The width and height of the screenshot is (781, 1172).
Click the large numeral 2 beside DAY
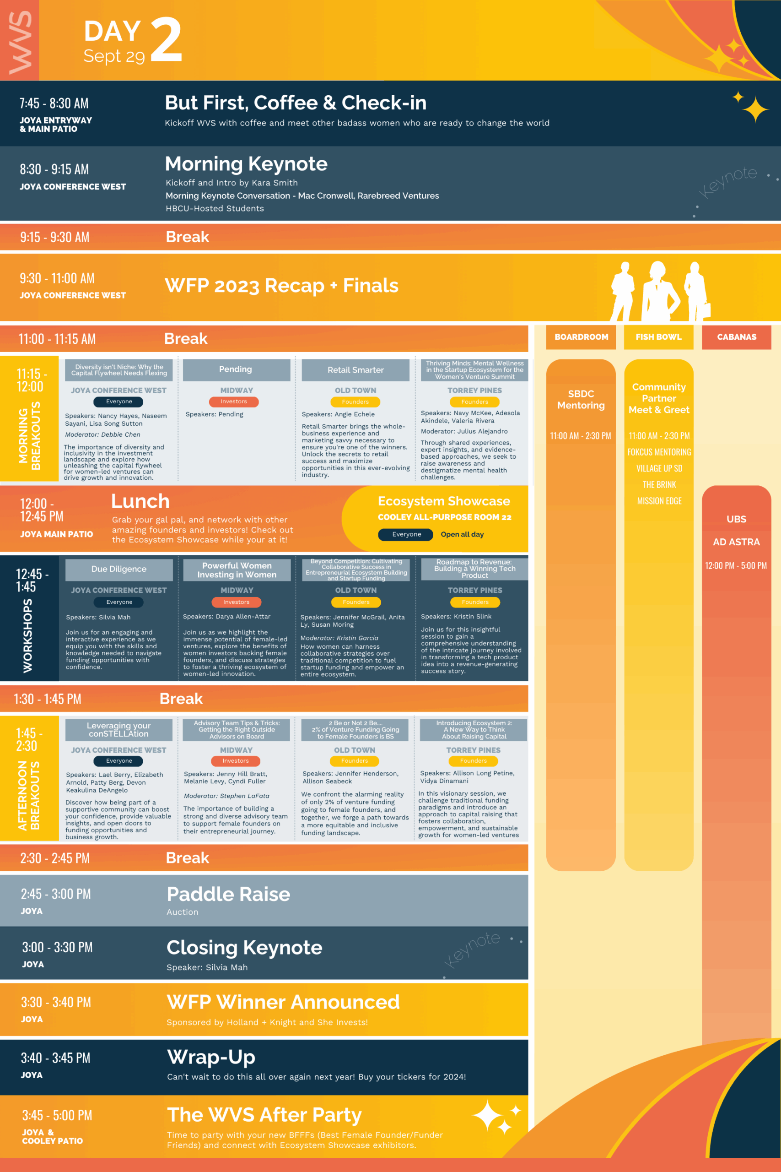click(x=166, y=39)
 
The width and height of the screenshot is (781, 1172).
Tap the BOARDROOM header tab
click(x=581, y=337)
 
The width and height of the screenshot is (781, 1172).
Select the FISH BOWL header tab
click(x=658, y=337)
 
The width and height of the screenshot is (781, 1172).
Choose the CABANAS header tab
click(x=736, y=337)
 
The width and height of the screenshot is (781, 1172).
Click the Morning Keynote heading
click(x=246, y=164)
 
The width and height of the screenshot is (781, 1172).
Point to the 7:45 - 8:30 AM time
click(x=54, y=103)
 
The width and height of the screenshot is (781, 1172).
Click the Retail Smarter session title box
click(x=355, y=370)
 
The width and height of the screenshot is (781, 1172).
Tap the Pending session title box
click(x=236, y=370)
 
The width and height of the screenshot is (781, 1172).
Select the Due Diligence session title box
click(x=118, y=570)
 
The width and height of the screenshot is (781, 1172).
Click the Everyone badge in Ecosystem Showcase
click(x=406, y=534)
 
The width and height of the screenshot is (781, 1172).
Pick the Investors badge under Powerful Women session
click(x=236, y=602)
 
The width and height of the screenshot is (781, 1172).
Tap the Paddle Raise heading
click(x=228, y=895)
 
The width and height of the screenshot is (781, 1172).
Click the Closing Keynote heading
click(x=244, y=948)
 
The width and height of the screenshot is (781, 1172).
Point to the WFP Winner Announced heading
click(x=283, y=1002)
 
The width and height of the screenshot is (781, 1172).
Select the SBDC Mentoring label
click(x=581, y=400)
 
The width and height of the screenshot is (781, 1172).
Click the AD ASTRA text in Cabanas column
click(x=736, y=542)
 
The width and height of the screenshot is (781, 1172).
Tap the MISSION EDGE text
click(x=659, y=501)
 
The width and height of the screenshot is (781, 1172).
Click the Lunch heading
click(x=140, y=501)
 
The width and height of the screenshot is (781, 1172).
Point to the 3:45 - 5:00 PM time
click(x=57, y=1116)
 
